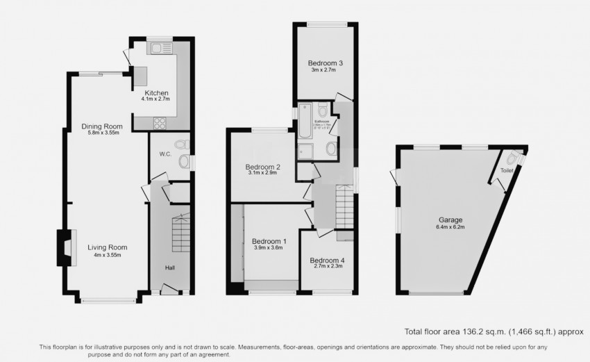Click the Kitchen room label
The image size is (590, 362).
point(155,93)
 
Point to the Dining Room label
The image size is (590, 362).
point(102,126)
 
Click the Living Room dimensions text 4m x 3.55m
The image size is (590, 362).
point(108,255)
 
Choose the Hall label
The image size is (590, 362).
point(169,268)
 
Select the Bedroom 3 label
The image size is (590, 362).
point(326,63)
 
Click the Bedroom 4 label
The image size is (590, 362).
point(328,260)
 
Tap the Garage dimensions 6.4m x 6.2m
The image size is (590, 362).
point(448,227)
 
